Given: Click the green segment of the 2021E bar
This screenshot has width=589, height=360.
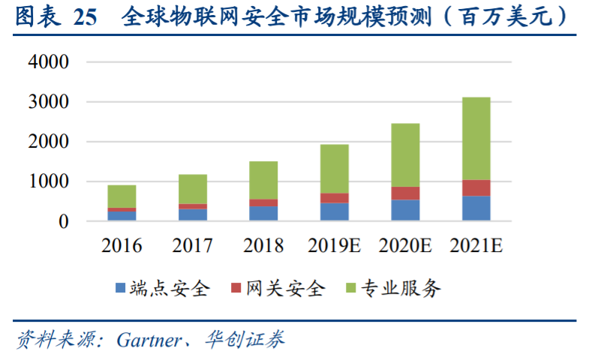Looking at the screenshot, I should [476, 139].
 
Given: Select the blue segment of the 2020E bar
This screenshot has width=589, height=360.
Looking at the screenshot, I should [405, 210].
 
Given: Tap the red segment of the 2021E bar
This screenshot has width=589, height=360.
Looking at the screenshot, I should [476, 188].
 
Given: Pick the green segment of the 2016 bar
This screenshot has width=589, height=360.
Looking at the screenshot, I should [122, 196].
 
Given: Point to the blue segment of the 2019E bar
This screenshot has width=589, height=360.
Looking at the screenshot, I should [335, 211].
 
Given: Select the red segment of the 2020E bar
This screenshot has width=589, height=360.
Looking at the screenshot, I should [405, 193].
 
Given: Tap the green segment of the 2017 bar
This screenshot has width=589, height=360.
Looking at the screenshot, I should [193, 189].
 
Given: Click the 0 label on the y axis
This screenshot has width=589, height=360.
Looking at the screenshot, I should [64, 221].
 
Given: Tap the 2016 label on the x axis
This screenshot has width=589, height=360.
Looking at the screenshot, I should [122, 245].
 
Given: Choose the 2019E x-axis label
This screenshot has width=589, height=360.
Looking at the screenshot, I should [335, 245].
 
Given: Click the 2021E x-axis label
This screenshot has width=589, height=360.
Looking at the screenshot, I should [476, 245].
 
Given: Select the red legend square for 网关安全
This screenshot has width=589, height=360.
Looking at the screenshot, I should [236, 288].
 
